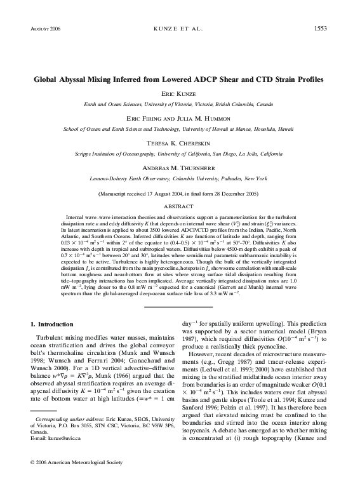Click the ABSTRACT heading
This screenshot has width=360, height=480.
[180, 206]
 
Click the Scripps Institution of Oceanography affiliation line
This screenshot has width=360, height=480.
[180, 154]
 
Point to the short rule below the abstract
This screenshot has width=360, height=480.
[180, 307]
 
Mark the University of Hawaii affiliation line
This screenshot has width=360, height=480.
[180, 128]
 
